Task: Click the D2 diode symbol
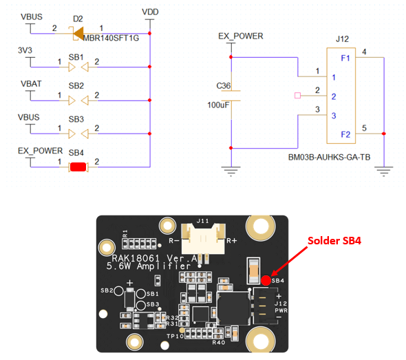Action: [x=78, y=34]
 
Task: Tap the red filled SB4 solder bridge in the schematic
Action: [x=78, y=167]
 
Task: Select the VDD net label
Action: [x=150, y=12]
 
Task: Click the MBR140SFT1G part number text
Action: [x=111, y=38]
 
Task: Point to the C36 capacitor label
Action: [x=223, y=86]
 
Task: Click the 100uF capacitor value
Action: [x=218, y=105]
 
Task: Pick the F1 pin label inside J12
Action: [x=345, y=58]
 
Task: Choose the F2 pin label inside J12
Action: [x=345, y=134]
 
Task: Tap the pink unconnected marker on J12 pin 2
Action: [x=297, y=96]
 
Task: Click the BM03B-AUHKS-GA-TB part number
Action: [x=329, y=157]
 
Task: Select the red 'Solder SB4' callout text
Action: [x=334, y=241]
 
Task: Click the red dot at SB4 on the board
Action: [x=266, y=280]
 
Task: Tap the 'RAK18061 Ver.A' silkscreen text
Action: [x=154, y=258]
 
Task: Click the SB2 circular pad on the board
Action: [x=119, y=291]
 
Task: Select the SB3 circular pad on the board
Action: [x=141, y=306]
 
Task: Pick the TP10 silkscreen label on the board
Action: [x=175, y=336]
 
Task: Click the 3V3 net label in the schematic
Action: [x=25, y=50]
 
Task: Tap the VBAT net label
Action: [x=31, y=84]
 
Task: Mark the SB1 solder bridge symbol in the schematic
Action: [x=78, y=67]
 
